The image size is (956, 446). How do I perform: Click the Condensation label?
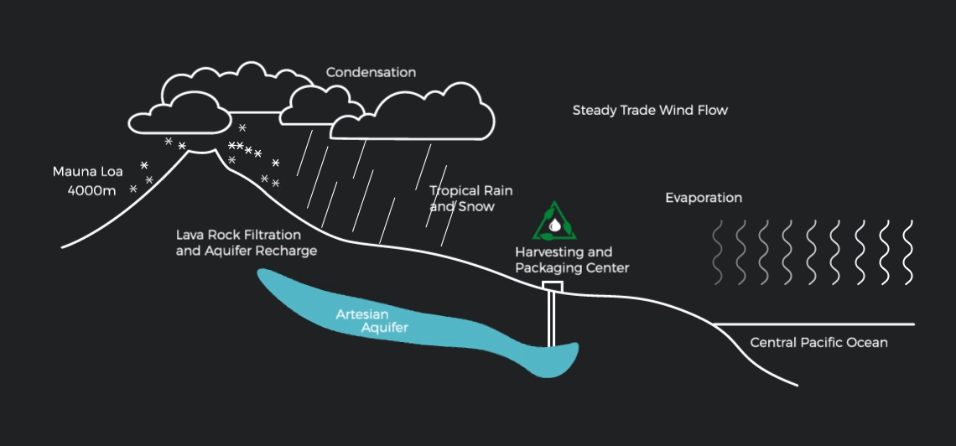tap(371, 73)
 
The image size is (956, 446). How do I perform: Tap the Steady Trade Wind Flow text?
tap(650, 111)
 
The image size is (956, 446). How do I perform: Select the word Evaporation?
tap(704, 199)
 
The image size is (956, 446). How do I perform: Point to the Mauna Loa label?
tap(88, 172)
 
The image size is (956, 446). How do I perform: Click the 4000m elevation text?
tap(92, 191)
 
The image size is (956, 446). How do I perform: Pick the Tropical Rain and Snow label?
tap(470, 199)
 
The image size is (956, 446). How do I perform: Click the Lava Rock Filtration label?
tap(238, 236)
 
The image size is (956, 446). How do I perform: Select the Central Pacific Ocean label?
tap(818, 343)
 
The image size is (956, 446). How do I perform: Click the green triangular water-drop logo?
tap(554, 222)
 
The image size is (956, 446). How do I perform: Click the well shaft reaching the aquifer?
tap(551, 319)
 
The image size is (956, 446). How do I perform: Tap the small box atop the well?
tap(552, 287)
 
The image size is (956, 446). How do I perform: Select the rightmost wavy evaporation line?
tap(907, 252)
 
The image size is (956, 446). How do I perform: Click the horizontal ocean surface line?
tap(813, 324)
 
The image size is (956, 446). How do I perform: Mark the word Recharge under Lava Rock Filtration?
tap(288, 252)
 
